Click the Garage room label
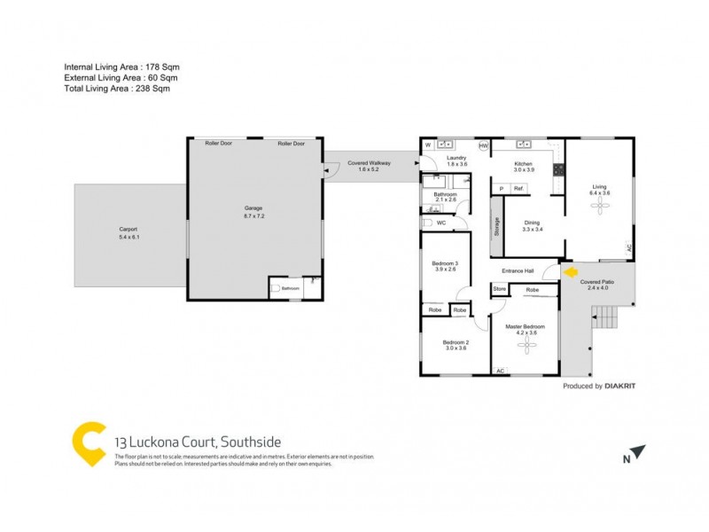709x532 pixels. [253, 208]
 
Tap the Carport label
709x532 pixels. [129, 230]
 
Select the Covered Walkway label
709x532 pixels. [369, 163]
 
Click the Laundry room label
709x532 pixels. [456, 158]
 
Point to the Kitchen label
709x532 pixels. [524, 164]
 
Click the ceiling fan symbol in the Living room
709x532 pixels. [600, 206]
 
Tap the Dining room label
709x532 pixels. [532, 223]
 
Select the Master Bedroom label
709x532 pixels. [525, 327]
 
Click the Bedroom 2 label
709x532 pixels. [456, 342]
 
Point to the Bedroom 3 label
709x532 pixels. [445, 263]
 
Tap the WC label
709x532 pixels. [440, 223]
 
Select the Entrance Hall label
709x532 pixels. [518, 271]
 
